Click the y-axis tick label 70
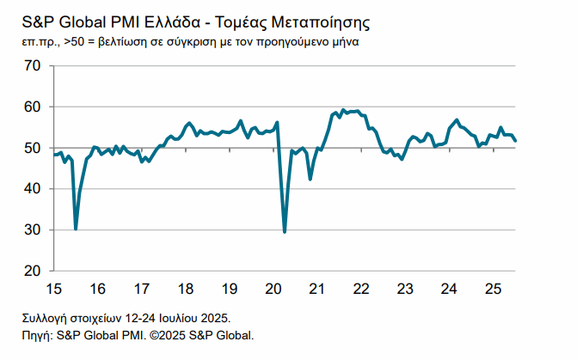pyautogui.click(x=34, y=66)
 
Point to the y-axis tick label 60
pyautogui.click(x=34, y=107)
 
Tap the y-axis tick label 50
pyautogui.click(x=34, y=149)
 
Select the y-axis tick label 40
pyautogui.click(x=34, y=189)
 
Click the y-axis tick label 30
pyautogui.click(x=34, y=230)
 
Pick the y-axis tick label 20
pyautogui.click(x=34, y=272)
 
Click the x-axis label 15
pyautogui.click(x=55, y=288)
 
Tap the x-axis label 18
pyautogui.click(x=186, y=288)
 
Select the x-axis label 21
pyautogui.click(x=317, y=288)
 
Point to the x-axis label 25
pyautogui.click(x=494, y=288)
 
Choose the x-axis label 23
pyautogui.click(x=406, y=288)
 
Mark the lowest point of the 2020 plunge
pyautogui.click(x=285, y=232)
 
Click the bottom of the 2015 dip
pyautogui.click(x=76, y=229)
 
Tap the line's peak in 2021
pyautogui.click(x=343, y=110)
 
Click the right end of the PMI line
pyautogui.click(x=515, y=141)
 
